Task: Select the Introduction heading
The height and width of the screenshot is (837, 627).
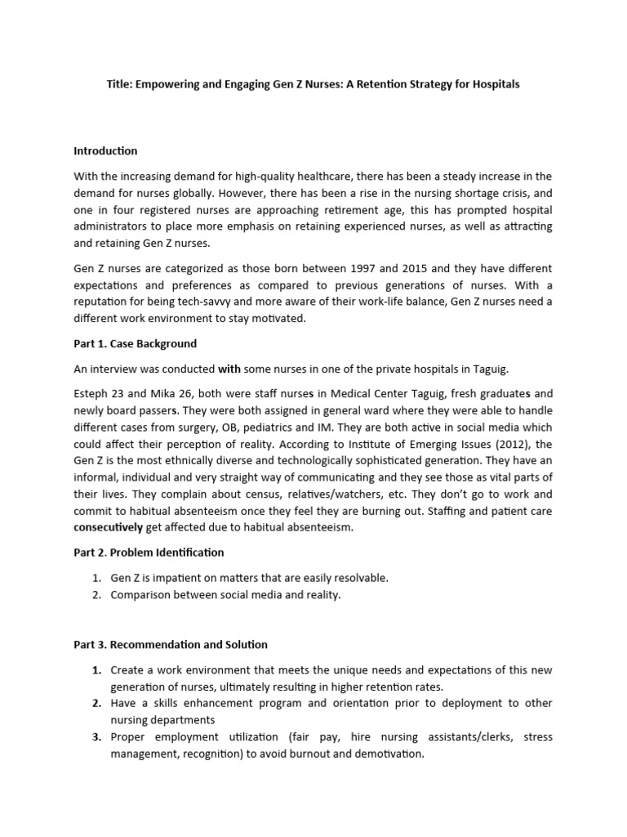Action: pos(105,151)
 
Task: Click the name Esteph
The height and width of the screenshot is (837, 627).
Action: pos(91,394)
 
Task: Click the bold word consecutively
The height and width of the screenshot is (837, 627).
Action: pos(108,528)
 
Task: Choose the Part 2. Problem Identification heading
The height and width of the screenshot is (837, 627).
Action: pos(149,553)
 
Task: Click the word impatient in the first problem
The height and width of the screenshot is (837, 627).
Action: pos(179,578)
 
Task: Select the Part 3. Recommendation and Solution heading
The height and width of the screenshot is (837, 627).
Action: pos(171,645)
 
